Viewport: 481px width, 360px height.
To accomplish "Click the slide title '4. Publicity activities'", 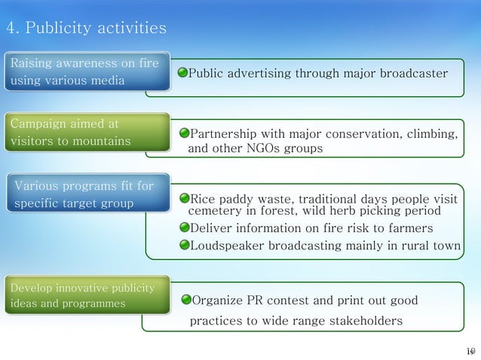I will (x=87, y=29).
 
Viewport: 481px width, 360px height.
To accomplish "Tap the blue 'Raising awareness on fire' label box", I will (x=84, y=72).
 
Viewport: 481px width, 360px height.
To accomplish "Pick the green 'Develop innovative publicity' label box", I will (x=84, y=296).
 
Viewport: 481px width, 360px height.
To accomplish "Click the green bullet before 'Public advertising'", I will (x=182, y=74).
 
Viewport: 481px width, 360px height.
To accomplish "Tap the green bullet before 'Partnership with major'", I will (x=185, y=136).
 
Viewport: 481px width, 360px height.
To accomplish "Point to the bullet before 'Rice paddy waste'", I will (x=185, y=200).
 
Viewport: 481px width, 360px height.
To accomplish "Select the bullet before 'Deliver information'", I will (x=185, y=228).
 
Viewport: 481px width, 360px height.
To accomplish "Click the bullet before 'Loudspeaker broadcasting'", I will (x=185, y=245).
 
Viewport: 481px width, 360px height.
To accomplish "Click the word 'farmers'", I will (x=411, y=228).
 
